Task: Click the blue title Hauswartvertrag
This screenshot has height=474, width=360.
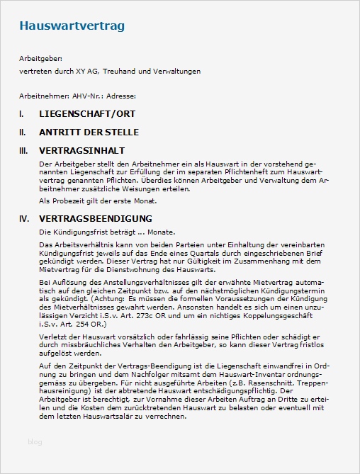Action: (x=72, y=27)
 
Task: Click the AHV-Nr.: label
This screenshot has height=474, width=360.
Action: (x=90, y=96)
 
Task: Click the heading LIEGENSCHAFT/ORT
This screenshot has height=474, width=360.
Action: (x=87, y=113)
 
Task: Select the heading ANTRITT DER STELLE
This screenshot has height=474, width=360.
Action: (x=89, y=132)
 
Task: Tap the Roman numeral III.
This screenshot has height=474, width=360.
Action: (x=23, y=150)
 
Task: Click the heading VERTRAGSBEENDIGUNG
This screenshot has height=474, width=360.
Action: (x=96, y=218)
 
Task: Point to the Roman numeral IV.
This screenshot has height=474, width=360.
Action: (x=23, y=218)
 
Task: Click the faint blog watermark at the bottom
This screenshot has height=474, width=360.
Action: (x=35, y=442)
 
